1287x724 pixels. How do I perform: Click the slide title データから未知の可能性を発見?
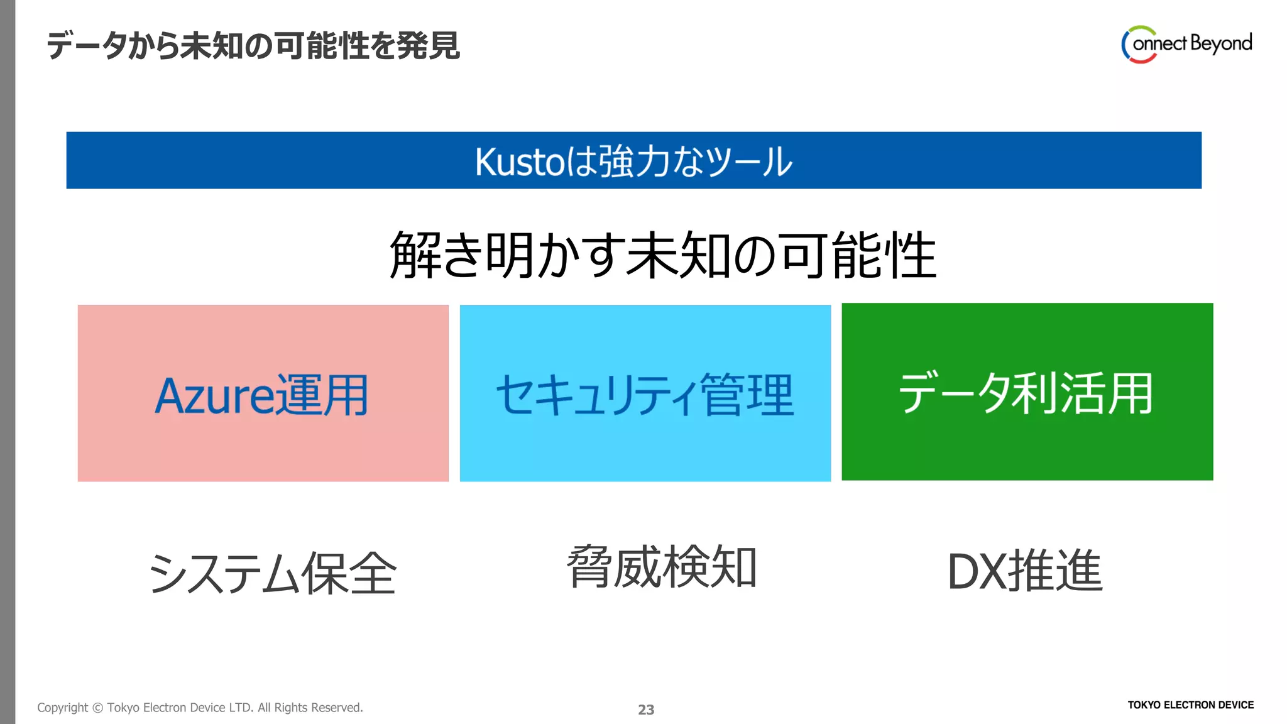(x=253, y=46)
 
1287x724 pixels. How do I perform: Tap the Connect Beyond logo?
(x=1186, y=44)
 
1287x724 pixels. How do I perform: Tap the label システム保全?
(x=273, y=573)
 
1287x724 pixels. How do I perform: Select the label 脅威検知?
(x=662, y=568)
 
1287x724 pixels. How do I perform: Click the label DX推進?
(x=1025, y=571)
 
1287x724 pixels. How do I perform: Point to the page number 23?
(x=646, y=710)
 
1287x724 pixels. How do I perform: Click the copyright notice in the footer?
(x=200, y=708)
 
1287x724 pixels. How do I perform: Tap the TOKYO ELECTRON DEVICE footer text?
(x=1190, y=705)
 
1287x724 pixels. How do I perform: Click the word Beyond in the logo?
(x=1221, y=43)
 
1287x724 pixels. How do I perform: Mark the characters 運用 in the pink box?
(x=322, y=395)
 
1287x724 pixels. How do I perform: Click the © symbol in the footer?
(x=97, y=708)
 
